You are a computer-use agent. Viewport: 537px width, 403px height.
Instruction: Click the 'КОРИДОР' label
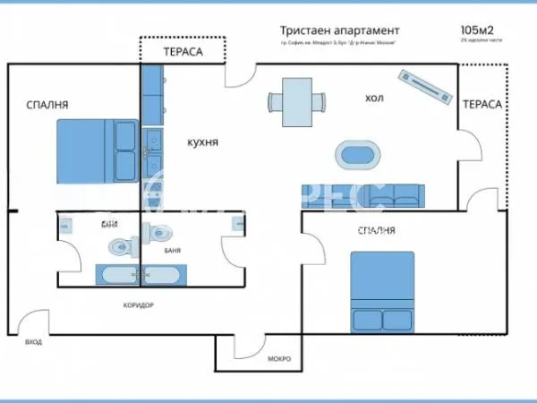pyautogui.click(x=139, y=305)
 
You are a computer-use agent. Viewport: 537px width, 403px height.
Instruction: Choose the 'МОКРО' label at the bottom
pyautogui.click(x=279, y=359)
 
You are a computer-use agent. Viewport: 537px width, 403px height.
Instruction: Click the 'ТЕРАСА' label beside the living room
pyautogui.click(x=482, y=105)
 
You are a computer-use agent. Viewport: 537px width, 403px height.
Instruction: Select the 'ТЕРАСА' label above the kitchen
pyautogui.click(x=183, y=52)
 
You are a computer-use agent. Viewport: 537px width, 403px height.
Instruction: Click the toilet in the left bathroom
pyautogui.click(x=118, y=245)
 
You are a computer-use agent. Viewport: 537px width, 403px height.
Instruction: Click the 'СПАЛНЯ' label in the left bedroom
pyautogui.click(x=47, y=106)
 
